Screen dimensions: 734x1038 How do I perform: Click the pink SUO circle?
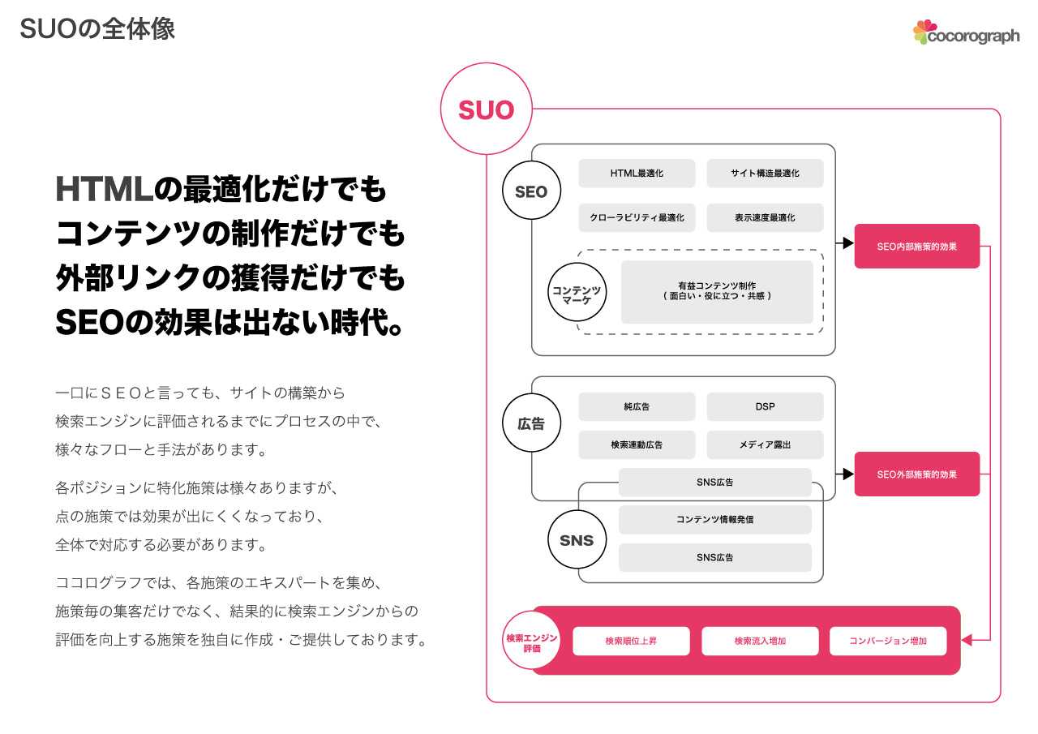tap(486, 109)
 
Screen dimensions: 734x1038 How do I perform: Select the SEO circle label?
tap(531, 191)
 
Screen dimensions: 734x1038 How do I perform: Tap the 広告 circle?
tap(531, 423)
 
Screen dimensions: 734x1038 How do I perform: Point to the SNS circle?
tap(577, 540)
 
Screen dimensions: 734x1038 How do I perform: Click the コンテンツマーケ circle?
tap(577, 293)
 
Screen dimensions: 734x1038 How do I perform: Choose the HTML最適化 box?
tap(637, 174)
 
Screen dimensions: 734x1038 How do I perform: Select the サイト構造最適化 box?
tap(765, 174)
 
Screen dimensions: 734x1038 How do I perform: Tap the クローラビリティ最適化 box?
tap(637, 217)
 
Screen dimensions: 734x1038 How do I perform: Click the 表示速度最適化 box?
tap(765, 217)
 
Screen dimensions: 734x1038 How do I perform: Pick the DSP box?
tap(765, 406)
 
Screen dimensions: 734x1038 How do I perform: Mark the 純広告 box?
tap(637, 406)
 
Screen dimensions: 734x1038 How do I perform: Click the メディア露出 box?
tap(765, 444)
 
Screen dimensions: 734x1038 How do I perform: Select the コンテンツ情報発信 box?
tap(714, 519)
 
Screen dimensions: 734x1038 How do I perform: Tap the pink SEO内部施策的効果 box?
tap(916, 246)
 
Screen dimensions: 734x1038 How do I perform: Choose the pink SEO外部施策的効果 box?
tap(916, 474)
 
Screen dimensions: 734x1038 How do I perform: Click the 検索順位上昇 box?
tap(631, 641)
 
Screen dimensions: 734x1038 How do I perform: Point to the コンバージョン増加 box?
tap(887, 641)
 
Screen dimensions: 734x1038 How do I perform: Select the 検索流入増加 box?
tap(759, 641)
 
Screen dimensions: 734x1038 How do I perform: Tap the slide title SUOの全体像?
tap(97, 29)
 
